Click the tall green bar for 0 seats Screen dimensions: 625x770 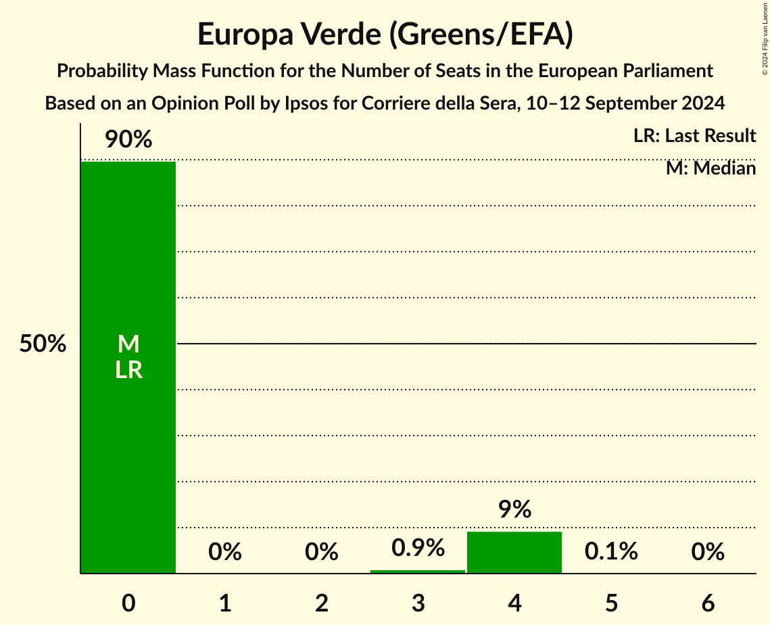pos(128,271)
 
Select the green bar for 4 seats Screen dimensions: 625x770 pos(514,553)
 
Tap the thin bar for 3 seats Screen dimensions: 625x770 pos(418,572)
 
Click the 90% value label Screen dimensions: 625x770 pos(128,140)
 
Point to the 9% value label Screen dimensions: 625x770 pos(514,509)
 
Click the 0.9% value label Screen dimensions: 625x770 pos(418,548)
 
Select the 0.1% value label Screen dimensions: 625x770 pos(611,551)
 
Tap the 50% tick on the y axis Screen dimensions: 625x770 pos(43,344)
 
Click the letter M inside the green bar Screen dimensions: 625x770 pos(128,344)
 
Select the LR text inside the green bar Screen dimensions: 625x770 pos(128,370)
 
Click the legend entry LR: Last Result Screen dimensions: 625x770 pos(694,136)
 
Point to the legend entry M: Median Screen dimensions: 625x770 pos(711,168)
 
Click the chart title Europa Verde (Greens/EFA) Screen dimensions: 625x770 pos(385,34)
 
